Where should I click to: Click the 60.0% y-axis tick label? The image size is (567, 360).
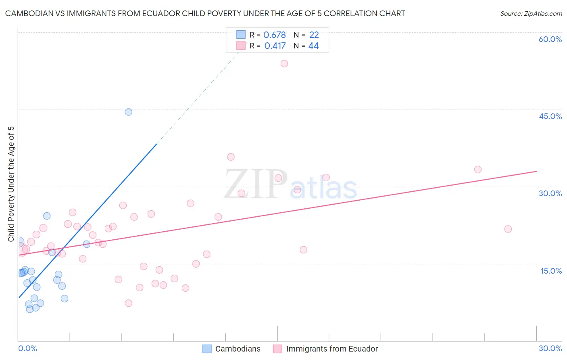point(550,40)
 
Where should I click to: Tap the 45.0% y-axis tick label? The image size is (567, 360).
point(550,117)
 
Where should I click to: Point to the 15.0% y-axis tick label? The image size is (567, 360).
point(551,271)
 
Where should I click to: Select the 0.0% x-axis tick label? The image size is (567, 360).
point(27,348)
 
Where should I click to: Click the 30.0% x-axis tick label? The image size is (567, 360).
point(550,348)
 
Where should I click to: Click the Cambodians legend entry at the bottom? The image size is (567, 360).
point(238,349)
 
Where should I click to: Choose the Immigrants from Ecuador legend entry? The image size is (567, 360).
point(332,349)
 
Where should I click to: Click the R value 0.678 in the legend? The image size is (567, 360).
point(274,35)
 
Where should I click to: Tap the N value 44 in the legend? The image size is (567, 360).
point(313,46)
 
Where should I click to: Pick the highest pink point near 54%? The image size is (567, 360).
point(284,63)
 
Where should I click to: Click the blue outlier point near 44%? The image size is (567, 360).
point(128,112)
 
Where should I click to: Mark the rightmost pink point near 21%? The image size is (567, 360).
point(508,229)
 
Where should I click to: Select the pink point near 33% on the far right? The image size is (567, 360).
point(478,170)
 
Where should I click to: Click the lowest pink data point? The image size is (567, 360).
point(129,303)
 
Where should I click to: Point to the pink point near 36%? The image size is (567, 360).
point(231,157)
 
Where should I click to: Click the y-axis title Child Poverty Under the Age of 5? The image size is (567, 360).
point(11,184)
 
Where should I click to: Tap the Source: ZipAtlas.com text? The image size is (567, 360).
point(531,14)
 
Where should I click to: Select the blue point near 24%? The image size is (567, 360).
point(47,216)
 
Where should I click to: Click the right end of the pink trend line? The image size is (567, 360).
point(536,172)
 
